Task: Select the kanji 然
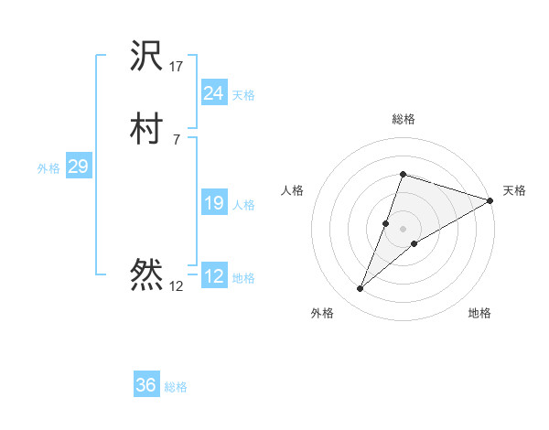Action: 147,274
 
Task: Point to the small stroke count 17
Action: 177,67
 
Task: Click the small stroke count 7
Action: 177,139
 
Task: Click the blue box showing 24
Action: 213,92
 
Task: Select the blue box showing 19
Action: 213,203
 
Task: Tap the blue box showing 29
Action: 78,167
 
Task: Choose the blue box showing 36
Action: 145,385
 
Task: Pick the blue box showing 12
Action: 213,276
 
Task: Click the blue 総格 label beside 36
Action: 176,387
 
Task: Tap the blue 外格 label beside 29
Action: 48,168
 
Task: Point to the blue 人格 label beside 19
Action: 244,205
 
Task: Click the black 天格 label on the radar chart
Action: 514,190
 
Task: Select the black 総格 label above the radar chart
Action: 403,119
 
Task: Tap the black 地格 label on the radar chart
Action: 479,313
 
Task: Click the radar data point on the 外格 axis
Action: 361,289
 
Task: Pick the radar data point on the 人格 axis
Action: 386,223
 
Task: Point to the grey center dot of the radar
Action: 403,229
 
